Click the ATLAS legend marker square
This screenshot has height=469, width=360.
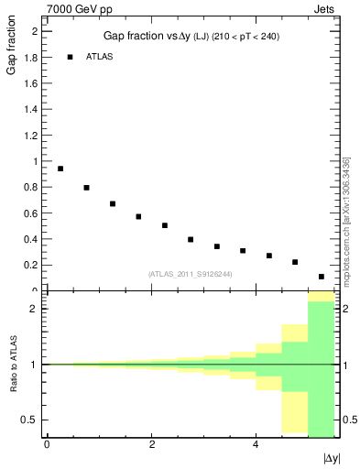coord(70,57)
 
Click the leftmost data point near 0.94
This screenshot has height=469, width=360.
coord(60,169)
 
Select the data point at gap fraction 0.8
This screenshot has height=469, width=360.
coord(86,188)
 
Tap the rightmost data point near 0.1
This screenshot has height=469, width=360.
coord(322,277)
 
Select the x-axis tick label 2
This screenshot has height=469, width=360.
coord(152,444)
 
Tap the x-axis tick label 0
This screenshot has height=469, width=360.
coord(48,444)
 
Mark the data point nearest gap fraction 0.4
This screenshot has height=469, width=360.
coord(191,239)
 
